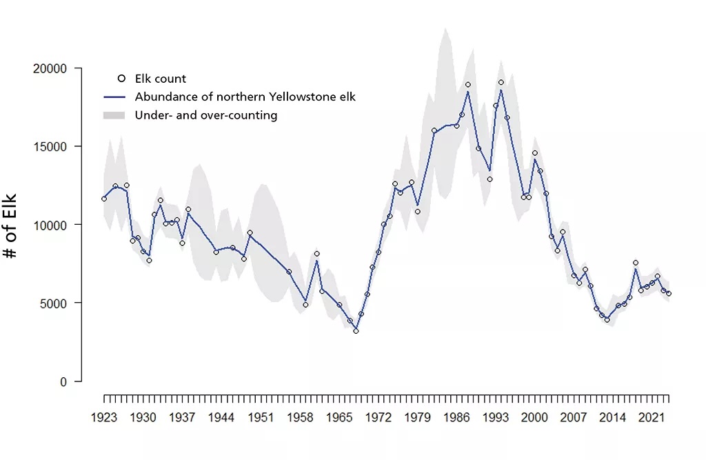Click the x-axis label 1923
point(104,417)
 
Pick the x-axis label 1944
point(221,417)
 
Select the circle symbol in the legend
point(121,79)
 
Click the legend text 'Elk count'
point(161,79)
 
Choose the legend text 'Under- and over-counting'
point(206,115)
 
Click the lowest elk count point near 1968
point(356,331)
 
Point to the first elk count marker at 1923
point(104,199)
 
